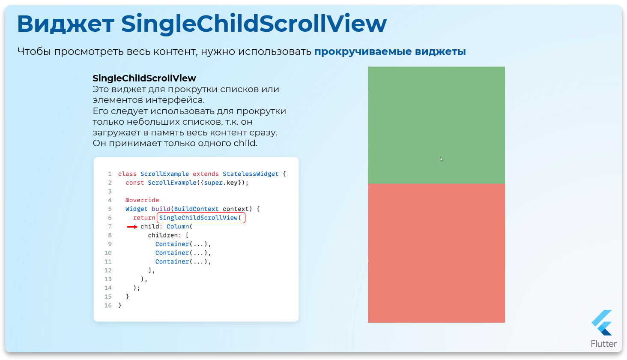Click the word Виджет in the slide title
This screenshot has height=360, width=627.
tap(66, 24)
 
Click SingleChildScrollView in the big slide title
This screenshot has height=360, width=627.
tap(254, 24)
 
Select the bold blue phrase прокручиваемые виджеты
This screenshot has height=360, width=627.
tap(390, 52)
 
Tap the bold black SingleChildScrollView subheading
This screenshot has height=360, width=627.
tap(144, 78)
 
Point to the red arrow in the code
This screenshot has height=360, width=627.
tap(132, 227)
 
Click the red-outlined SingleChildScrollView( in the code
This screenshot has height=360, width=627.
tap(201, 218)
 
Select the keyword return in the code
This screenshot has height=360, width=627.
tap(144, 218)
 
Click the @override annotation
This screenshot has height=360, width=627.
tap(142, 200)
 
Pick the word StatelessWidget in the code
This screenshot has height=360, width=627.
tap(251, 174)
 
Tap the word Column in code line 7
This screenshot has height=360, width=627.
tap(178, 227)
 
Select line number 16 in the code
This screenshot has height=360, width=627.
tap(108, 306)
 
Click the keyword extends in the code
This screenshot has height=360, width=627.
tap(206, 174)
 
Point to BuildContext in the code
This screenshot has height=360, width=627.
tap(196, 209)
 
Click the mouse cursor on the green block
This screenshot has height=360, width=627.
tap(441, 159)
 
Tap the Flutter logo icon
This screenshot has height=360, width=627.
tap(602, 323)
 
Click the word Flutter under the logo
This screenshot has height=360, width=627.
tap(603, 344)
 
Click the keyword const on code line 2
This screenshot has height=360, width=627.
tap(134, 183)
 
